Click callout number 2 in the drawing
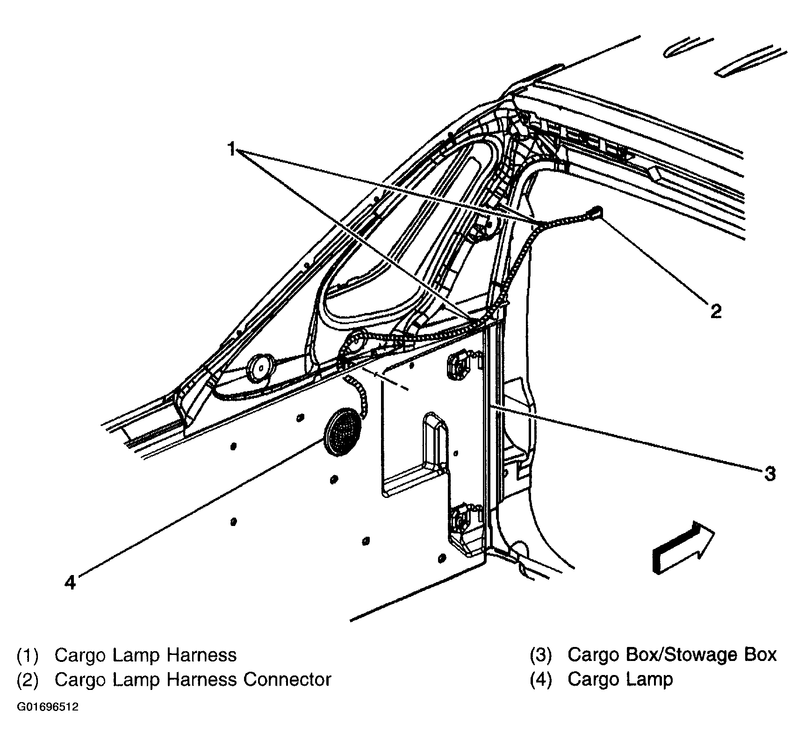(x=716, y=311)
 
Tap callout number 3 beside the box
(x=769, y=474)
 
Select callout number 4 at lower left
(x=70, y=582)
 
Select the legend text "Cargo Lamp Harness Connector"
(x=193, y=679)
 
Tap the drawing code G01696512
(x=48, y=707)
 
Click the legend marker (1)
(x=27, y=655)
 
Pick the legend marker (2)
(x=27, y=679)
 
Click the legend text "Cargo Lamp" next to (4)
(x=620, y=679)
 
